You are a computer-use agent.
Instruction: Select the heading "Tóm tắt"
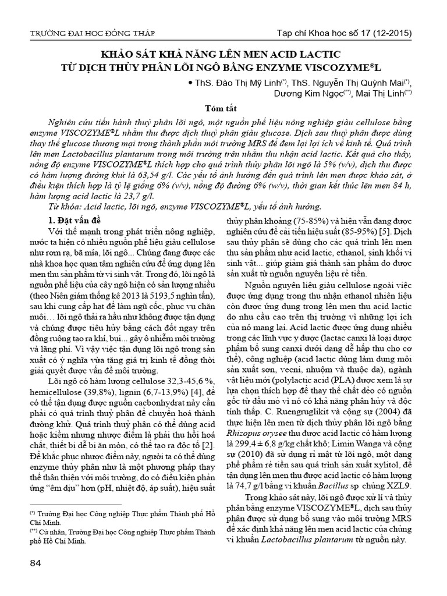[223, 109]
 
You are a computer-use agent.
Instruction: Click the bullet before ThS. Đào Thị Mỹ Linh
[189, 82]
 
